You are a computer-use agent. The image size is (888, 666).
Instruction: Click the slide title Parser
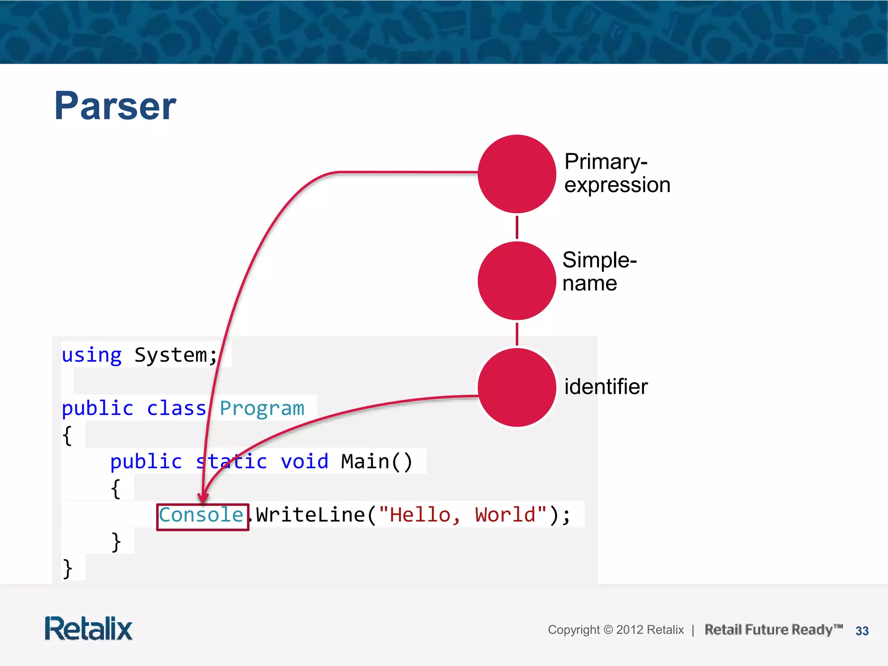point(115,106)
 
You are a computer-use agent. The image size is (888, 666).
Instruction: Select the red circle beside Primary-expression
point(516,174)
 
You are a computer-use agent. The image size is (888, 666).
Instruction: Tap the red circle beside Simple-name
point(516,281)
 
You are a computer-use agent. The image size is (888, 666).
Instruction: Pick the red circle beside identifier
point(516,387)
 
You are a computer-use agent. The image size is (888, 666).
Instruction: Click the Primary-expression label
point(617,173)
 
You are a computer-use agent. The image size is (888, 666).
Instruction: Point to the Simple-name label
point(599,271)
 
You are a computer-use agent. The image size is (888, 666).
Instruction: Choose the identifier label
point(605,386)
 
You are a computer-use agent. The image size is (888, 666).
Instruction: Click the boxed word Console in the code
point(201,516)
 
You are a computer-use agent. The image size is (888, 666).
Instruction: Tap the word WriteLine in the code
point(310,516)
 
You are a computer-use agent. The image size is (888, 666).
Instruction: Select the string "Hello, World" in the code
point(462,516)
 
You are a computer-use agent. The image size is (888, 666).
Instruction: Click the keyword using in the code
point(91,356)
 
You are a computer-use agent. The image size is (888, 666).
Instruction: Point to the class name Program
point(262,408)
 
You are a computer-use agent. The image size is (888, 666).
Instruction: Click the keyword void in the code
point(304,462)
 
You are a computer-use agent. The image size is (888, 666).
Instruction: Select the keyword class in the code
point(176,408)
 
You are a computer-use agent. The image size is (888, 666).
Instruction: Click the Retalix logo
point(88,629)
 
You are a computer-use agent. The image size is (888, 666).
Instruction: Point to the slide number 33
point(862,631)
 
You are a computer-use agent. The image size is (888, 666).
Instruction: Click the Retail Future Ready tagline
point(773,630)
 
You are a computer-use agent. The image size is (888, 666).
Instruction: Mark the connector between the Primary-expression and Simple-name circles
point(517,227)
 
